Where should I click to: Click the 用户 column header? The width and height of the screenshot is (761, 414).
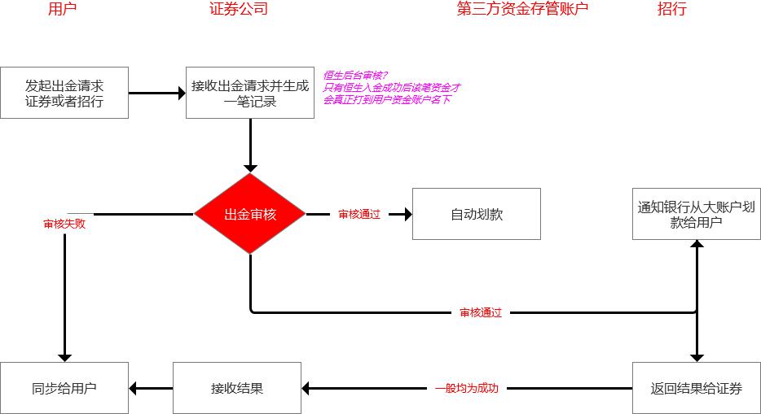(x=64, y=10)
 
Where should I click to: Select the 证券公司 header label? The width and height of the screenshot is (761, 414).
(x=238, y=10)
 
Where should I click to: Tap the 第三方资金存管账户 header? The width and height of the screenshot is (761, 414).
(x=522, y=9)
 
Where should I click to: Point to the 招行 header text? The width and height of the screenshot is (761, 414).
(x=671, y=10)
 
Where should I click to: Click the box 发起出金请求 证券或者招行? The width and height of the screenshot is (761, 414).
(x=64, y=93)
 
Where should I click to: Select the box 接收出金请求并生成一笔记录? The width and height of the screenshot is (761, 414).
(x=250, y=93)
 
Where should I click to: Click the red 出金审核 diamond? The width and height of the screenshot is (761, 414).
(x=250, y=215)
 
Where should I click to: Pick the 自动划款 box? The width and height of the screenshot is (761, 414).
(x=477, y=215)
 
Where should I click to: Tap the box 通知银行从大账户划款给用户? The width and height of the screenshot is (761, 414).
(x=697, y=215)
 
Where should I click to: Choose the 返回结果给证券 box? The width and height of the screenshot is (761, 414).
(x=697, y=388)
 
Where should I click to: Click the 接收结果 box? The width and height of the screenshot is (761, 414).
(x=237, y=388)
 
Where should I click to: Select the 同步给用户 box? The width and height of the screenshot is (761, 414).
(x=64, y=388)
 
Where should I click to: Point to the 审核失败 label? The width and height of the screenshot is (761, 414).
(x=64, y=224)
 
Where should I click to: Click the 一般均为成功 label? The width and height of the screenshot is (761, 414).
(x=466, y=389)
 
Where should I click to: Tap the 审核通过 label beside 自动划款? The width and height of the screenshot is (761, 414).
(x=359, y=215)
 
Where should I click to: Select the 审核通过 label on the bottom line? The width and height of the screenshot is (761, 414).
(x=481, y=312)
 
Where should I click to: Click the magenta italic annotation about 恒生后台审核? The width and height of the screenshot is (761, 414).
(x=392, y=87)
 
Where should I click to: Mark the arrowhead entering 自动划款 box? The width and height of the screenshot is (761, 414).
(x=407, y=215)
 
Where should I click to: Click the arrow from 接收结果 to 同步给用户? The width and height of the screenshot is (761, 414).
(x=151, y=389)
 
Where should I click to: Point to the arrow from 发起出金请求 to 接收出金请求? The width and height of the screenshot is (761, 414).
(x=156, y=94)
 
